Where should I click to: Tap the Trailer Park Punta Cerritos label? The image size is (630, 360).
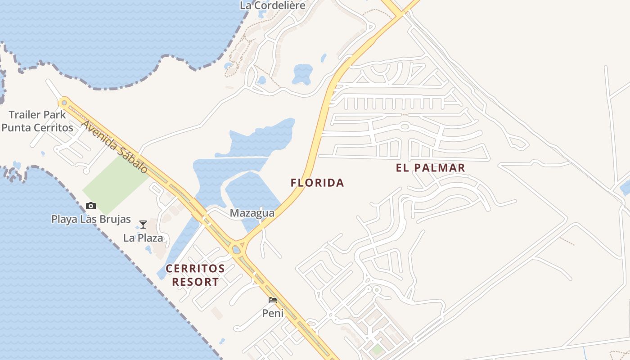37,121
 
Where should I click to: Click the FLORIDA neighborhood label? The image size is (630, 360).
317,183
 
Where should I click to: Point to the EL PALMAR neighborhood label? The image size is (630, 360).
430,168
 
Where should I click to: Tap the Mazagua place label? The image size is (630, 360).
252,213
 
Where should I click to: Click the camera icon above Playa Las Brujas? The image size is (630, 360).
91,206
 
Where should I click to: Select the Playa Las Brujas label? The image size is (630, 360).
91,219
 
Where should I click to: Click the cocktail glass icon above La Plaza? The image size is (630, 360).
143,224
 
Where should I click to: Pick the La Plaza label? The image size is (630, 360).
143,238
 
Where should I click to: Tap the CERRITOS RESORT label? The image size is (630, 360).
195,275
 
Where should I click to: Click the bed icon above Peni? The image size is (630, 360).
273,300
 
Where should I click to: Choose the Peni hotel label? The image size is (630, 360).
273,313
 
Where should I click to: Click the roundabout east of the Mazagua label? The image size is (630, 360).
236,248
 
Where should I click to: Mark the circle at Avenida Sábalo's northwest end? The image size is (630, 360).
64,103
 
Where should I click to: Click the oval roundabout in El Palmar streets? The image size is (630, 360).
405,126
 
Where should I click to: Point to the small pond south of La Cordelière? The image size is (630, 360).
302,73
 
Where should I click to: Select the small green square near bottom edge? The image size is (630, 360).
377,349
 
